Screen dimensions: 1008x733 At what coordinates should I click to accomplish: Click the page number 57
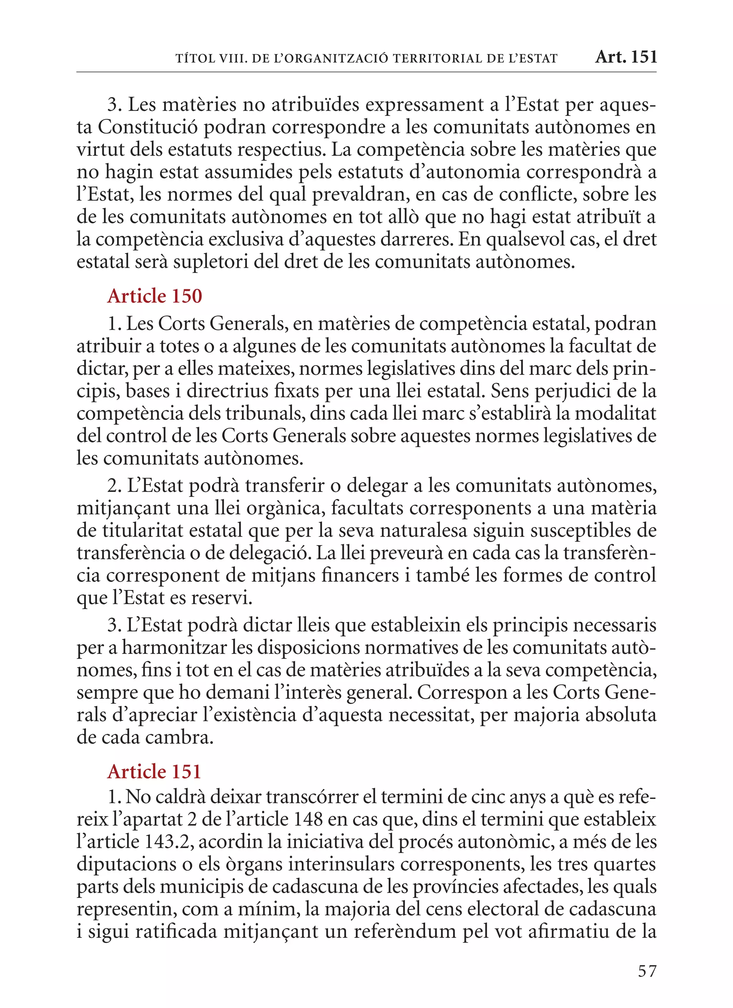click(x=647, y=971)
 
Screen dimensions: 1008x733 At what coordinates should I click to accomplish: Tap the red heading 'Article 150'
click(x=155, y=296)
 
